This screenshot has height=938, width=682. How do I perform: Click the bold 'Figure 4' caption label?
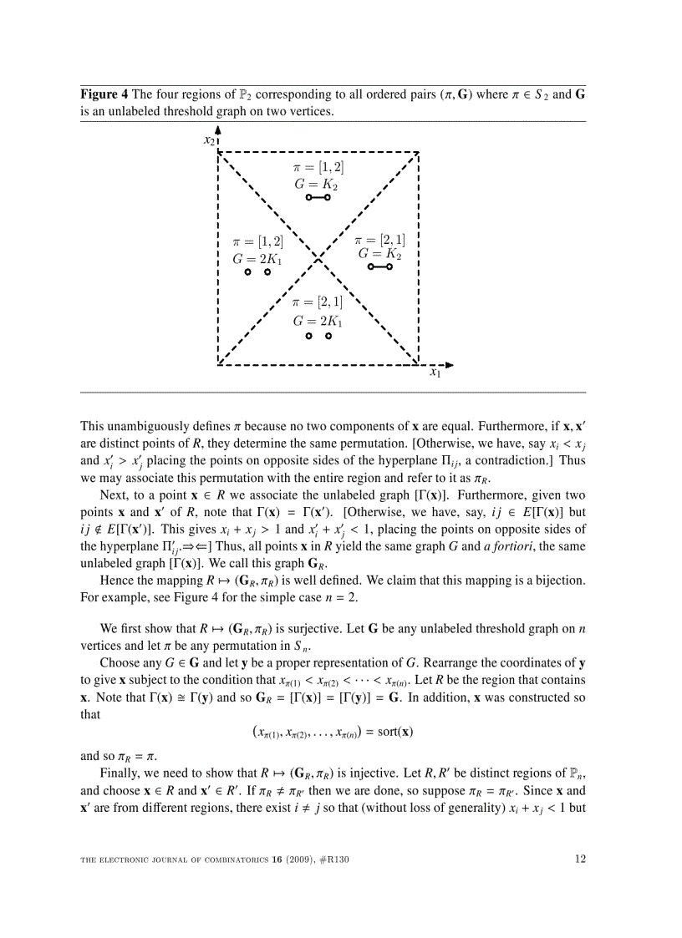[x=104, y=94]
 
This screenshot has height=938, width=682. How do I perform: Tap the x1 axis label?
[x=435, y=373]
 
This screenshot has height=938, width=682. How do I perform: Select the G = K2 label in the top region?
[x=316, y=184]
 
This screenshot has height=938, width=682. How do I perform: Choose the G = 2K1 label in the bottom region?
[x=318, y=320]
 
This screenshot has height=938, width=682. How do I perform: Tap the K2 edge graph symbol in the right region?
[x=379, y=267]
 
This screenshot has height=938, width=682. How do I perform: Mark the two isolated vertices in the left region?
[x=257, y=272]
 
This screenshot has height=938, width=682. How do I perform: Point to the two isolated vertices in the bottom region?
[x=318, y=336]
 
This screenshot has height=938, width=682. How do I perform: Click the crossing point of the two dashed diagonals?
[x=318, y=257]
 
